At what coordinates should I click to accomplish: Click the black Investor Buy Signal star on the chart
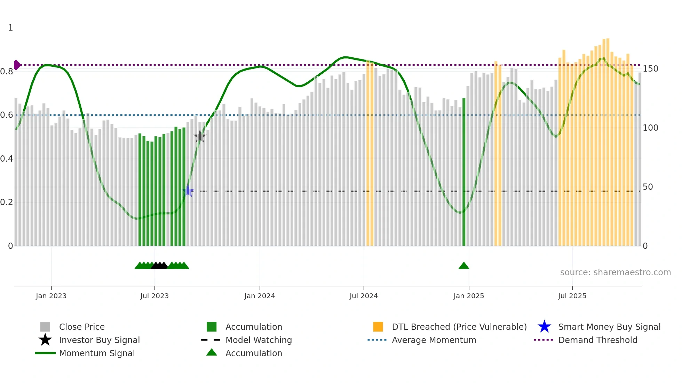[x=200, y=137]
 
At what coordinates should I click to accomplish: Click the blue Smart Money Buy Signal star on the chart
[x=188, y=191]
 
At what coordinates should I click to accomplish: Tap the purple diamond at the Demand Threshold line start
[x=17, y=65]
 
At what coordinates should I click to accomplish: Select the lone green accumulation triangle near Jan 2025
[x=464, y=266]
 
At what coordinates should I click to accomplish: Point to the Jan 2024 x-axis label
[x=260, y=296]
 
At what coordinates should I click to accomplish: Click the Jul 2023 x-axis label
[x=154, y=296]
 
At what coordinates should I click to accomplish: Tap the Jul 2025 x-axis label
[x=572, y=296]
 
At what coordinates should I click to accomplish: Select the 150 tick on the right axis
[x=650, y=69]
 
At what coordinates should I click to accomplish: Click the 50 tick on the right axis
[x=648, y=187]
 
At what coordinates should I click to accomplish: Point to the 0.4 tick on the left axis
[x=7, y=159]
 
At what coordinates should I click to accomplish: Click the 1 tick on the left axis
[x=10, y=28]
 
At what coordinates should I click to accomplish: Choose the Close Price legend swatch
[x=45, y=327]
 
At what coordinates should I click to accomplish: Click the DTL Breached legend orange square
[x=378, y=327]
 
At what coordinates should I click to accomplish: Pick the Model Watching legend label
[x=259, y=340]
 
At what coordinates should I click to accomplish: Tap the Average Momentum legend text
[x=434, y=340]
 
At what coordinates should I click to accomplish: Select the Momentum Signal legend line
[x=45, y=353]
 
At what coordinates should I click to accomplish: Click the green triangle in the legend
[x=212, y=353]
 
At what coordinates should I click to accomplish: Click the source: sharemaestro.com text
[x=615, y=272]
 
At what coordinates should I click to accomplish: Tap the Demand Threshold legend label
[x=597, y=340]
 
